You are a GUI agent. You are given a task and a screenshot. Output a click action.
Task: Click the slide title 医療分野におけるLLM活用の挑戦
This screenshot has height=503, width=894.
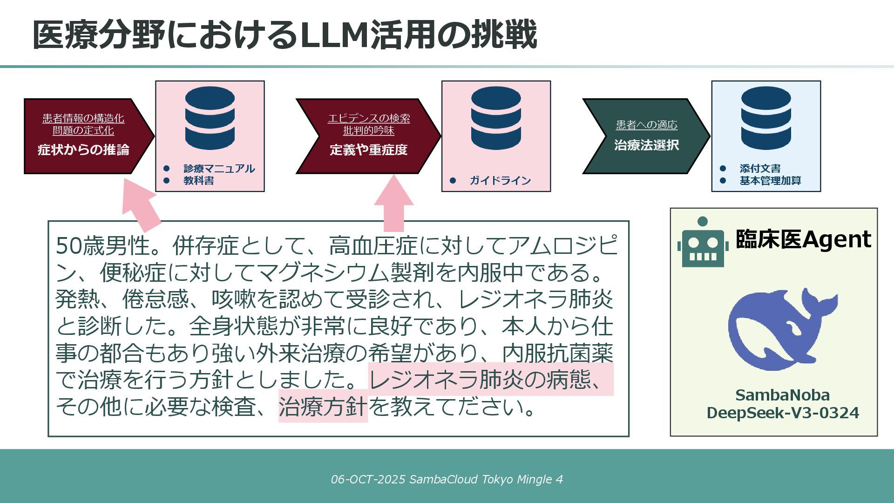coord(285,35)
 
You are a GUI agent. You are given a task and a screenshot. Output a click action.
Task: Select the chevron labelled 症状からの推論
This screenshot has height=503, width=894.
coord(89,136)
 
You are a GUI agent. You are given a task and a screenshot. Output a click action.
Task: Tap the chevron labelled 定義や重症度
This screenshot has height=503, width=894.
coord(368,136)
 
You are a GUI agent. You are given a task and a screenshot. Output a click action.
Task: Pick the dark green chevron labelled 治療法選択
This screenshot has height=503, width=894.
coord(646,136)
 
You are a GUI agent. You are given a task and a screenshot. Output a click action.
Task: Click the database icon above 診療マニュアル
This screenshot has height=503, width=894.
coord(210,118)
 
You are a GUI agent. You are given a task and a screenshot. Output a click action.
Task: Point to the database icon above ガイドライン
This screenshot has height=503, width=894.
coord(496,118)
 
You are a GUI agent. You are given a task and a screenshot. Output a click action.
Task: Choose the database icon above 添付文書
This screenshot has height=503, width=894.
coord(766,118)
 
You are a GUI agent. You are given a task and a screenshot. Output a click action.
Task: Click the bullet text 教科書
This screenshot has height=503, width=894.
coord(199,181)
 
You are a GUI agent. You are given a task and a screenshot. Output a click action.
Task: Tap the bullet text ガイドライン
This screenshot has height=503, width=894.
coord(500,181)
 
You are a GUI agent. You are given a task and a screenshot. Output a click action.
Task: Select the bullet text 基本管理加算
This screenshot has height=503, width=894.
coord(771,181)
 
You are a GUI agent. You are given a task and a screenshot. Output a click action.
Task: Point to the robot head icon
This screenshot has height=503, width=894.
coord(703,242)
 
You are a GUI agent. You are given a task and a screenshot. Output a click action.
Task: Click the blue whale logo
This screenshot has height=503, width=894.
coord(783,329)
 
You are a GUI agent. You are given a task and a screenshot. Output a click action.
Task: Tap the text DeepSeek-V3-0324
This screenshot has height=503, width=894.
coord(783,413)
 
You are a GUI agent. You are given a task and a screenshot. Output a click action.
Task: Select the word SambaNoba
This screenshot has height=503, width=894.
coord(783,395)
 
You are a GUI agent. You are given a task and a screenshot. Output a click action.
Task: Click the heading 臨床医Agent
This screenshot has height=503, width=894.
coord(803,239)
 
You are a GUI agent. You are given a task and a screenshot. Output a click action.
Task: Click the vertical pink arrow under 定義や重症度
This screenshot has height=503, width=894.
coord(394,204)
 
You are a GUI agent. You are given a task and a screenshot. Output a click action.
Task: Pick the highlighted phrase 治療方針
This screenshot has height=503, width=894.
coord(323,406)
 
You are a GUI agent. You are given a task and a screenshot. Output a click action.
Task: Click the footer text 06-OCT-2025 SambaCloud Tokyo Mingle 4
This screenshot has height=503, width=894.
coord(447,479)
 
